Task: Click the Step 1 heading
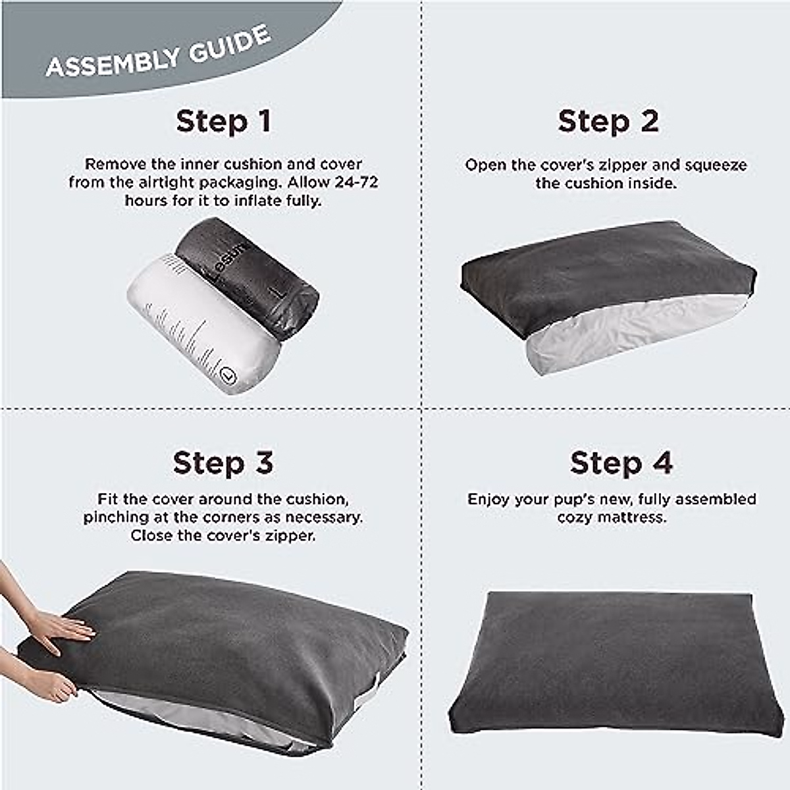pyautogui.click(x=223, y=122)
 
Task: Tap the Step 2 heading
pyautogui.click(x=608, y=122)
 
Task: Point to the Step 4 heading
pyautogui.click(x=621, y=463)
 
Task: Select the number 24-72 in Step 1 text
pyautogui.click(x=352, y=182)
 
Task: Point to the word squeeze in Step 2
pyautogui.click(x=715, y=165)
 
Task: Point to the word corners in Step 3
pyautogui.click(x=228, y=518)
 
